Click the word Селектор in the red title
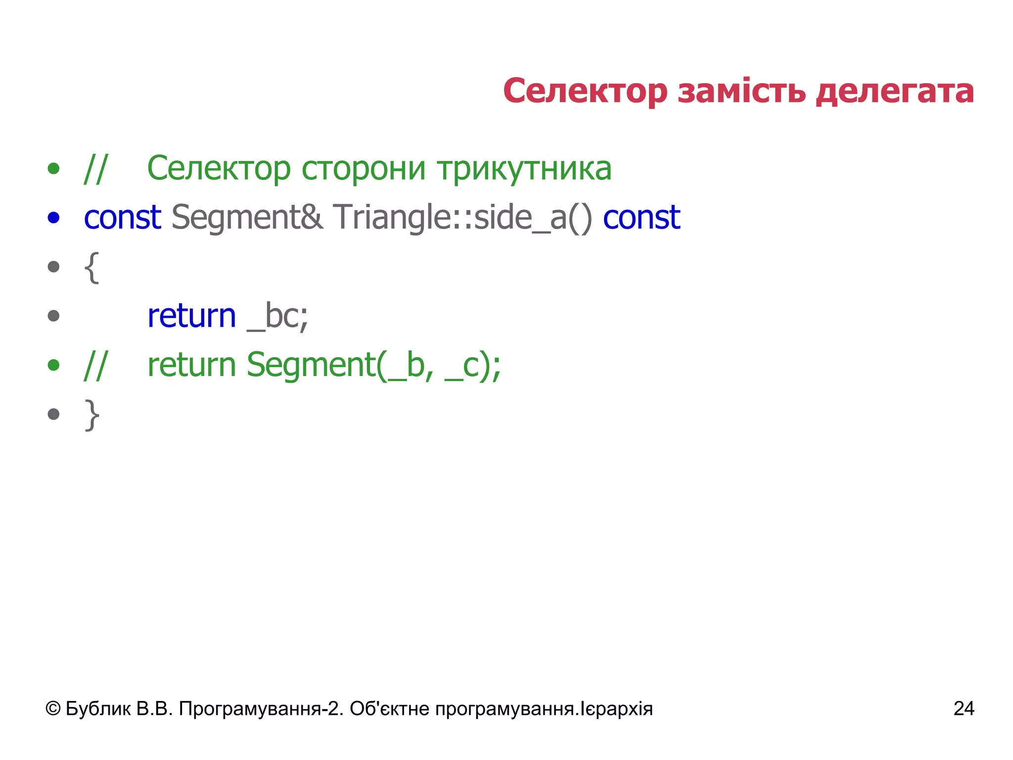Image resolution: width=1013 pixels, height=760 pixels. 585,92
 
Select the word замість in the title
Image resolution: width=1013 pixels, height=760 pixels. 741,92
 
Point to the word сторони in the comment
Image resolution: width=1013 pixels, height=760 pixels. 364,169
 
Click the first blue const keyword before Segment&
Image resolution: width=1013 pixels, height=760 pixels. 122,218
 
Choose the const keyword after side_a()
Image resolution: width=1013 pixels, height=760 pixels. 642,218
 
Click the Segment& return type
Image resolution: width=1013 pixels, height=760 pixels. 247,218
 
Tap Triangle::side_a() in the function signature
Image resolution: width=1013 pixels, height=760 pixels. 462,218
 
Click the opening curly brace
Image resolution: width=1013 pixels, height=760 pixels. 92,268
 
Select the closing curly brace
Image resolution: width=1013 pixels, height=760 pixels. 92,415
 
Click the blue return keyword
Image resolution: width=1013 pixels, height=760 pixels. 192,316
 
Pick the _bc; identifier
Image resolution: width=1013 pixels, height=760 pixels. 277,316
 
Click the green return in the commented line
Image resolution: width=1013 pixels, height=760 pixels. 192,365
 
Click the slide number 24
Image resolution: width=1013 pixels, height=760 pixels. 964,709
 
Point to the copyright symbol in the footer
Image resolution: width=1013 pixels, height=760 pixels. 53,709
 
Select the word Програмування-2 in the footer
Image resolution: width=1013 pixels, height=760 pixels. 261,709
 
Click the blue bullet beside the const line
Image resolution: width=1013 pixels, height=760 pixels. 53,218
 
